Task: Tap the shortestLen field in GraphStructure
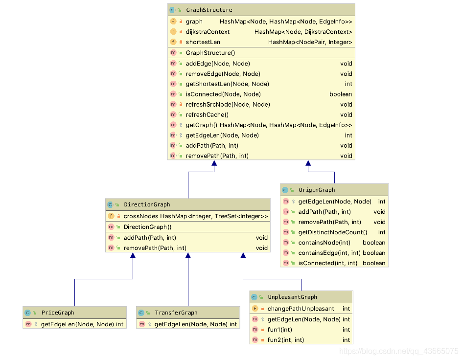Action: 203,42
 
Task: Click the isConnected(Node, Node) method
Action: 223,94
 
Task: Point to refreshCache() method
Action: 207,115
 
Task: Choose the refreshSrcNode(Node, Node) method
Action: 228,105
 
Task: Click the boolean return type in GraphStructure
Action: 341,94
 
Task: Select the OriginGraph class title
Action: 316,190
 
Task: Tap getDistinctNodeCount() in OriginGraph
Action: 332,232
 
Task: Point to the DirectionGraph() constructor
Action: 147,227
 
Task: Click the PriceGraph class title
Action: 58,313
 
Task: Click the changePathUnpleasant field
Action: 301,309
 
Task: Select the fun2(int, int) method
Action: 286,340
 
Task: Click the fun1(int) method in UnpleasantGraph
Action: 280,330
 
